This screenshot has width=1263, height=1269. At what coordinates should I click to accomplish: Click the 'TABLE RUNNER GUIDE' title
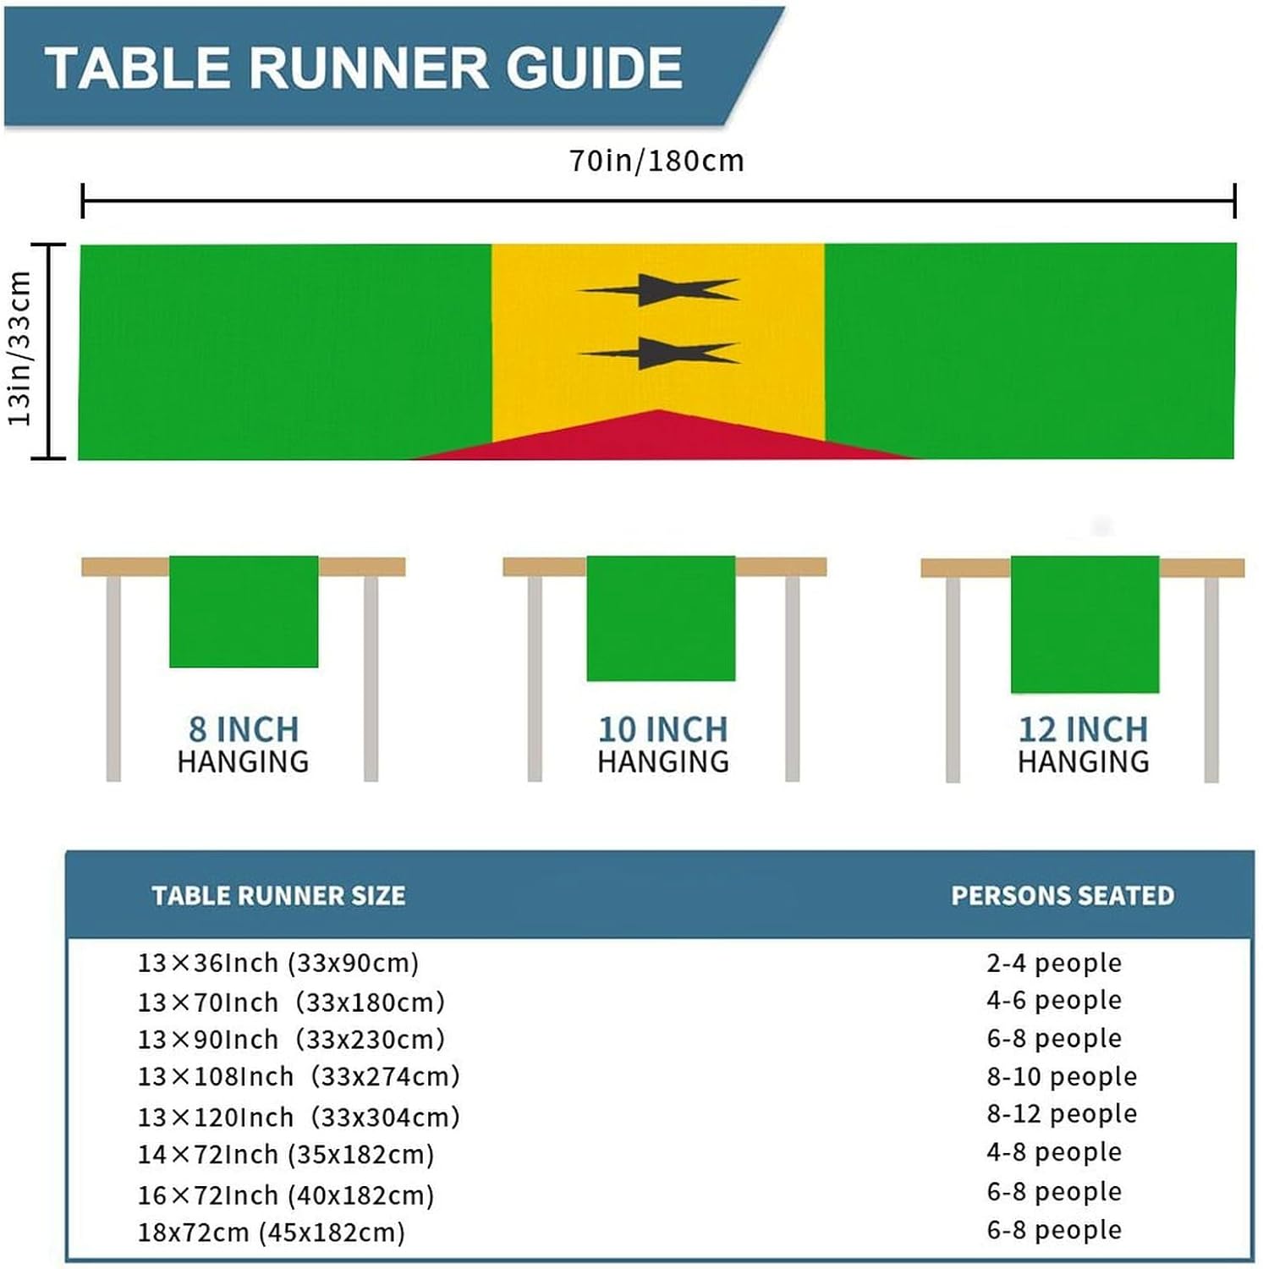(x=364, y=68)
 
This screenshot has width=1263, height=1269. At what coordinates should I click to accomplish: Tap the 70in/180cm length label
(x=656, y=161)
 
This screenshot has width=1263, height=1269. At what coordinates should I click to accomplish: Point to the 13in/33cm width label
(x=20, y=349)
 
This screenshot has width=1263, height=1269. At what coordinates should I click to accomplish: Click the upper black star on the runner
(x=657, y=289)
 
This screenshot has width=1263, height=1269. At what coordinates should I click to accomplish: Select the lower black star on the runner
(x=657, y=353)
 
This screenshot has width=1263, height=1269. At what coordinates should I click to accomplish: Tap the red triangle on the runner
(x=660, y=439)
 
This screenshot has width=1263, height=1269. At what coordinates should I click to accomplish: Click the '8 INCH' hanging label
(x=244, y=729)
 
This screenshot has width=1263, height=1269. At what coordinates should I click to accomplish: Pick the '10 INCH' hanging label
(x=663, y=729)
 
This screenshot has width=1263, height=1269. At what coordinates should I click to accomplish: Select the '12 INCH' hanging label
(x=1083, y=729)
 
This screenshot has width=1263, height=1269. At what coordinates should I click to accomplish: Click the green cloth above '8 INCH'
(x=244, y=611)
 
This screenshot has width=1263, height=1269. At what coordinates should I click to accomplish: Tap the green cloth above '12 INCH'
(x=1085, y=624)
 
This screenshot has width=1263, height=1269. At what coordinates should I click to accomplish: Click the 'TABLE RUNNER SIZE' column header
(x=278, y=896)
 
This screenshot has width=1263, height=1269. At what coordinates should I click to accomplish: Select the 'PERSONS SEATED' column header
(x=1063, y=896)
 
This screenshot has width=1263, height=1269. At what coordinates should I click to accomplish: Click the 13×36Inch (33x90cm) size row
(x=278, y=963)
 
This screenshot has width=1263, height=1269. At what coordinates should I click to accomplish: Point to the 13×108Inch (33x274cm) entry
(x=299, y=1076)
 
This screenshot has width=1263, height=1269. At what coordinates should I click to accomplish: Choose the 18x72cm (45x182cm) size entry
(x=272, y=1232)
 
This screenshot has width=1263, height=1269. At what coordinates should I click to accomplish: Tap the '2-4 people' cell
(x=1054, y=963)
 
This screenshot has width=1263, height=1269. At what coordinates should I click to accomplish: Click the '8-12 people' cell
(x=1062, y=1113)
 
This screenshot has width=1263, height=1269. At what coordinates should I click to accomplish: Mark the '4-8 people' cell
(x=1054, y=1151)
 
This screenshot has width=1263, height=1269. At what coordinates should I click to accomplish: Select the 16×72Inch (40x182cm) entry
(x=286, y=1195)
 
